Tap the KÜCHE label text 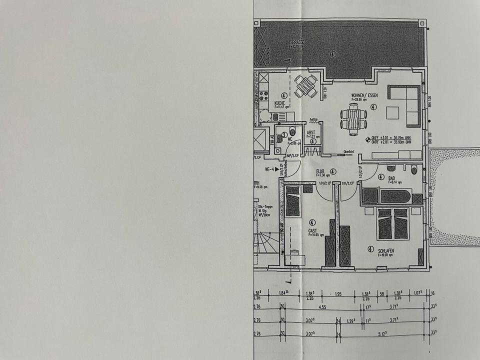279,103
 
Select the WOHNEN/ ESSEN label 364,95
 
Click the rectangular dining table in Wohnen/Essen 354,119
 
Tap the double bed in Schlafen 392,223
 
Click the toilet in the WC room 293,131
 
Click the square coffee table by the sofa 393,112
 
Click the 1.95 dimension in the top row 337,293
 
